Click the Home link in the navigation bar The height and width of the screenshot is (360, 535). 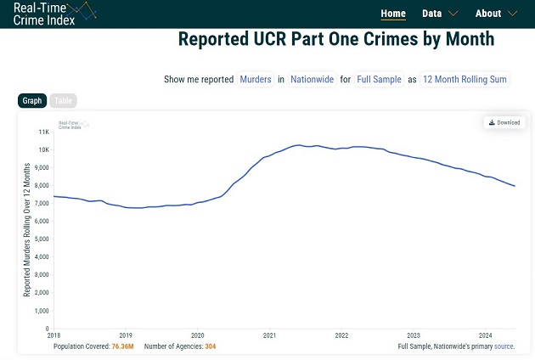click(393, 14)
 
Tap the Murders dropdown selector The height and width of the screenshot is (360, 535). click(256, 79)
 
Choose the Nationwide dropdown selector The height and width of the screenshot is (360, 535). click(313, 79)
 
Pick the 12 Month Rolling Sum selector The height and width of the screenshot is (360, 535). click(465, 79)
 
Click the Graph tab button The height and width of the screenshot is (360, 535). click(32, 101)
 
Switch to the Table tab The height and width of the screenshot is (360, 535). click(64, 101)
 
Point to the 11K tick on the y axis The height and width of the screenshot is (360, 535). click(43, 132)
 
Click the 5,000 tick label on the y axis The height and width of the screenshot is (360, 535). click(42, 239)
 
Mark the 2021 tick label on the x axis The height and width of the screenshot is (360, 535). click(269, 335)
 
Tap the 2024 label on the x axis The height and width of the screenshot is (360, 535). click(485, 335)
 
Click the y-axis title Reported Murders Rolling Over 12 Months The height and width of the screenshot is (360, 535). click(27, 230)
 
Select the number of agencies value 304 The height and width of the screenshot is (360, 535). click(206, 346)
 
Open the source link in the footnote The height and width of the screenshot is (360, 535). click(504, 346)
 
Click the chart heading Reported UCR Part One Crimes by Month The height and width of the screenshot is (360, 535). click(336, 40)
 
